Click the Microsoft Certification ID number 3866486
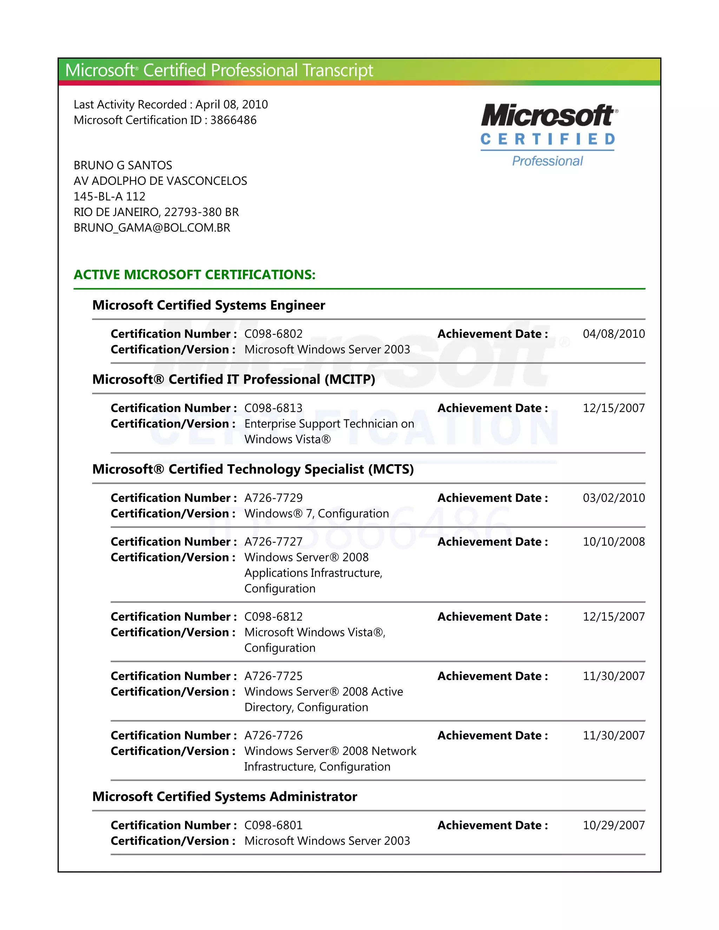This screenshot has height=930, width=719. (x=233, y=120)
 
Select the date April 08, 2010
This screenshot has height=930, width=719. (x=231, y=104)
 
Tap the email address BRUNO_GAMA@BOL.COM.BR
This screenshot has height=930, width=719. (x=152, y=228)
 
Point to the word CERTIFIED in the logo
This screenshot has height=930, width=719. (x=547, y=139)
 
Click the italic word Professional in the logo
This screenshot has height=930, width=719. (x=547, y=161)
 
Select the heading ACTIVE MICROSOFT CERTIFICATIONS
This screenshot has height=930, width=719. (x=194, y=275)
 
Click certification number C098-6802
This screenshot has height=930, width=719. (x=273, y=334)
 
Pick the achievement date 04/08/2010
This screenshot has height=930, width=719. (x=613, y=334)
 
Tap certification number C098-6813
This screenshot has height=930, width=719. (x=273, y=408)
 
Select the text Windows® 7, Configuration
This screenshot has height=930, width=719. (x=316, y=513)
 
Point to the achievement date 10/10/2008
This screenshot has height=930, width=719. (x=613, y=542)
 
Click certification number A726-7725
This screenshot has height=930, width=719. (x=273, y=676)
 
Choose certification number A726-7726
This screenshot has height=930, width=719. (x=273, y=735)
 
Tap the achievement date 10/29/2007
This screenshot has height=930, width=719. (x=613, y=825)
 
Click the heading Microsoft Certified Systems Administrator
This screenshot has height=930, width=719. (x=224, y=797)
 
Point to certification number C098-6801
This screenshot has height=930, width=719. (x=273, y=825)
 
